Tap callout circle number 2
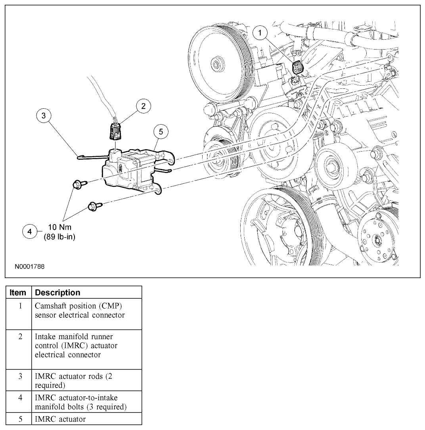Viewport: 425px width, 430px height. coord(143,106)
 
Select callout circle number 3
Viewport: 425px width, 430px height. coord(44,115)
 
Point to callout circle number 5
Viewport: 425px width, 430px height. coord(161,132)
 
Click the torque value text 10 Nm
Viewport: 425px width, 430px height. coord(59,227)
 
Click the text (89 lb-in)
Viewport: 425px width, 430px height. coord(59,237)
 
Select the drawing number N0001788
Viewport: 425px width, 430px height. coord(30,267)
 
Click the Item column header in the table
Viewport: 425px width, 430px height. coord(18,293)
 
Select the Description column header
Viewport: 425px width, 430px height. coord(57,293)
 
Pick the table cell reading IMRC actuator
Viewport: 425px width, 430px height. coord(60,419)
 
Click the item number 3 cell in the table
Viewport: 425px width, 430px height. coord(19,376)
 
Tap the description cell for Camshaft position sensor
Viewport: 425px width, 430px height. coord(80,311)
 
